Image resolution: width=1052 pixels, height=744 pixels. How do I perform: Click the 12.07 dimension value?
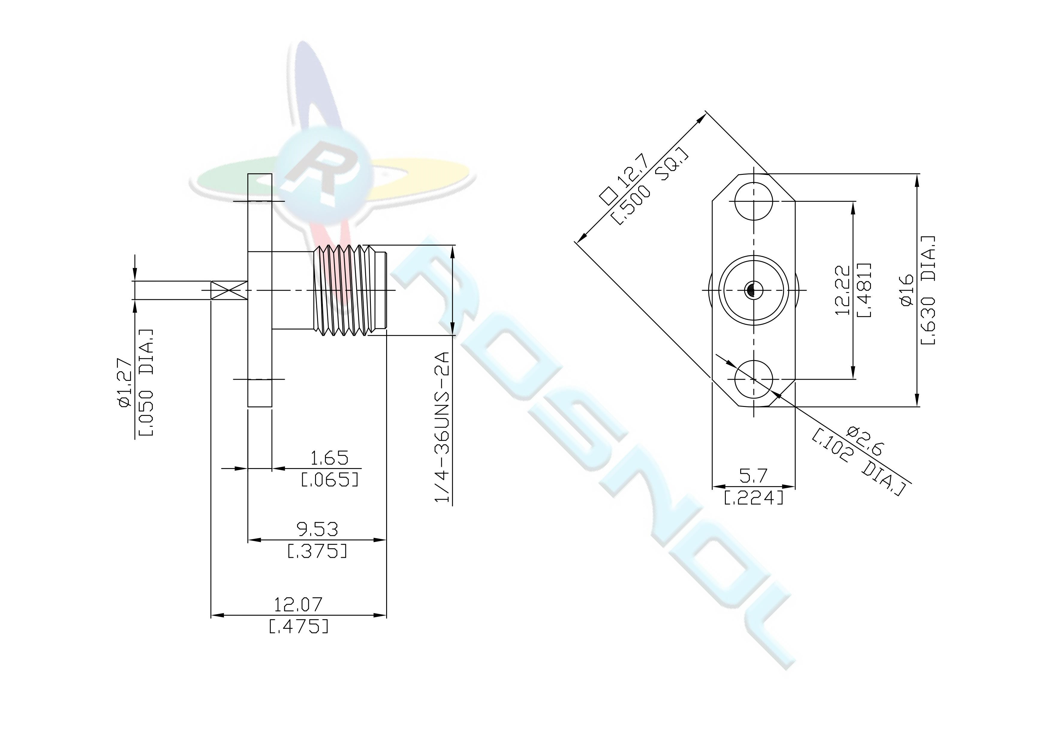[298, 604]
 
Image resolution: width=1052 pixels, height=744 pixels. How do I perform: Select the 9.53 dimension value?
[317, 530]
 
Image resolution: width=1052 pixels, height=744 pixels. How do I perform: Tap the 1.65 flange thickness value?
[329, 458]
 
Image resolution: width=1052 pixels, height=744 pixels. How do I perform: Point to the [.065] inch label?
[329, 480]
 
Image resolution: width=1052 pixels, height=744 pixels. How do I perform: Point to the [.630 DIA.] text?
[928, 290]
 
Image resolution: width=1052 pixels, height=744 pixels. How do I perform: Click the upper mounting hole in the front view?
[754, 201]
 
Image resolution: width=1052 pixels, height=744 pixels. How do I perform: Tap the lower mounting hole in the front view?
[754, 379]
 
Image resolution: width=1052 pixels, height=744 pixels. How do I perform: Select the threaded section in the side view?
[350, 290]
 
